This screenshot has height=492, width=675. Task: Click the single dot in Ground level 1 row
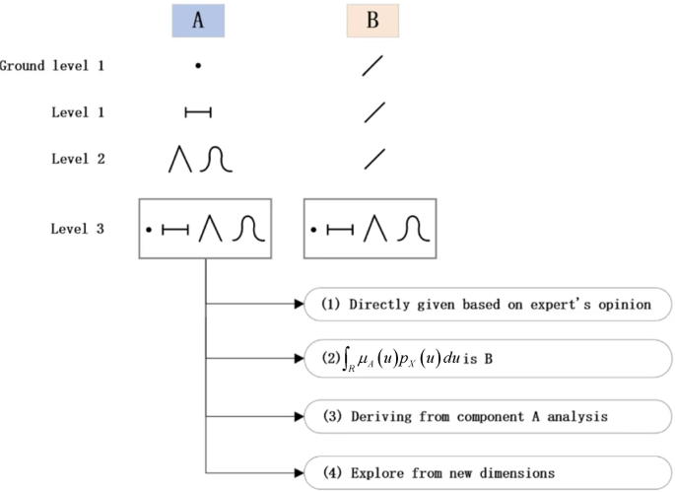(x=197, y=66)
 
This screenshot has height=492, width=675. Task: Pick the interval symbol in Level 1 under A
(x=198, y=112)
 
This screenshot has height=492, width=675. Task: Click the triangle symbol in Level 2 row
(x=180, y=159)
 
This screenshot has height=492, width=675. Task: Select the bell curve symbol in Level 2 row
(x=216, y=159)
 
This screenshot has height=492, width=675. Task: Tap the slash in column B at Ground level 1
(x=373, y=66)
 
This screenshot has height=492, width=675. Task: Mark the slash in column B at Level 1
(x=373, y=112)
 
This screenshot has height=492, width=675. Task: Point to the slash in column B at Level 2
(x=373, y=159)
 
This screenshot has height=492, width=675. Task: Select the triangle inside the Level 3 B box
(x=372, y=230)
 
